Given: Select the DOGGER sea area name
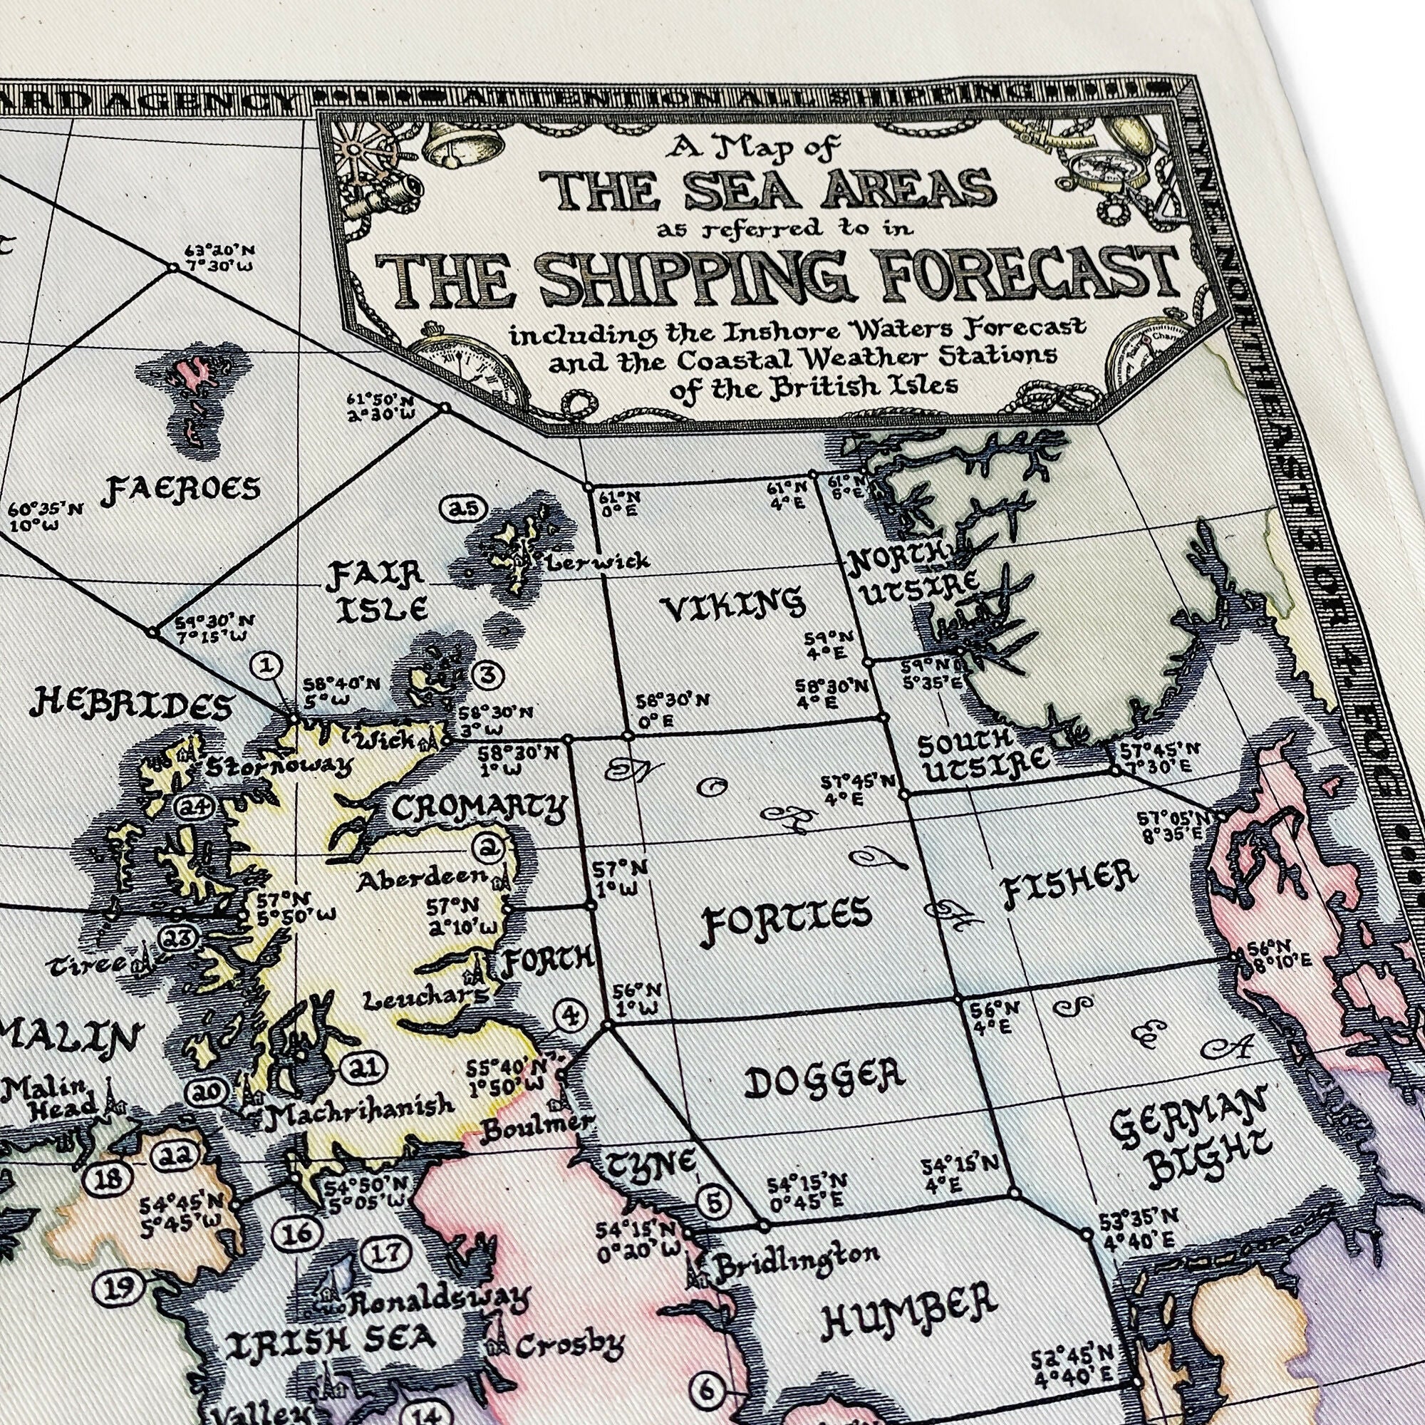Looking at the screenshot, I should [x=824, y=1082].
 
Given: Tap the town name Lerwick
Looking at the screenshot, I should [x=598, y=561].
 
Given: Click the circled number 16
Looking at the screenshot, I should [x=298, y=1233].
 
